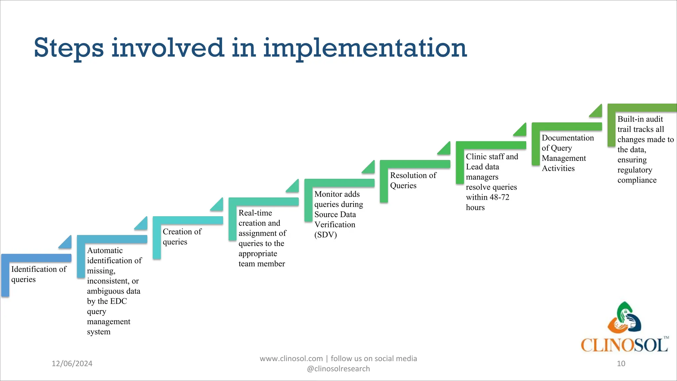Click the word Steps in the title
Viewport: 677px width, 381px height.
[68, 48]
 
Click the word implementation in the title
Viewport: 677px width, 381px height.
[365, 48]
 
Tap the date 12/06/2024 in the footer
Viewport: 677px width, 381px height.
[72, 363]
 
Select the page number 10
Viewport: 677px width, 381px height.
[621, 363]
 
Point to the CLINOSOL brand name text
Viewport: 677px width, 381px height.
[624, 345]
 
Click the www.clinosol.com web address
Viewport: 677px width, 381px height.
[291, 359]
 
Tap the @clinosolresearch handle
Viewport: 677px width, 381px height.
[338, 369]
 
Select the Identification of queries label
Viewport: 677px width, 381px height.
[38, 274]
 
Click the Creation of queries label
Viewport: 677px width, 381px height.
[182, 236]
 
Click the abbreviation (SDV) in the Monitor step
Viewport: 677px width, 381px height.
[325, 235]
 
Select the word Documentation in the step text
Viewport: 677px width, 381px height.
[567, 138]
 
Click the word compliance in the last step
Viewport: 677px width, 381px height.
[637, 180]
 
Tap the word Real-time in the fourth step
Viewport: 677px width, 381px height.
[255, 213]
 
